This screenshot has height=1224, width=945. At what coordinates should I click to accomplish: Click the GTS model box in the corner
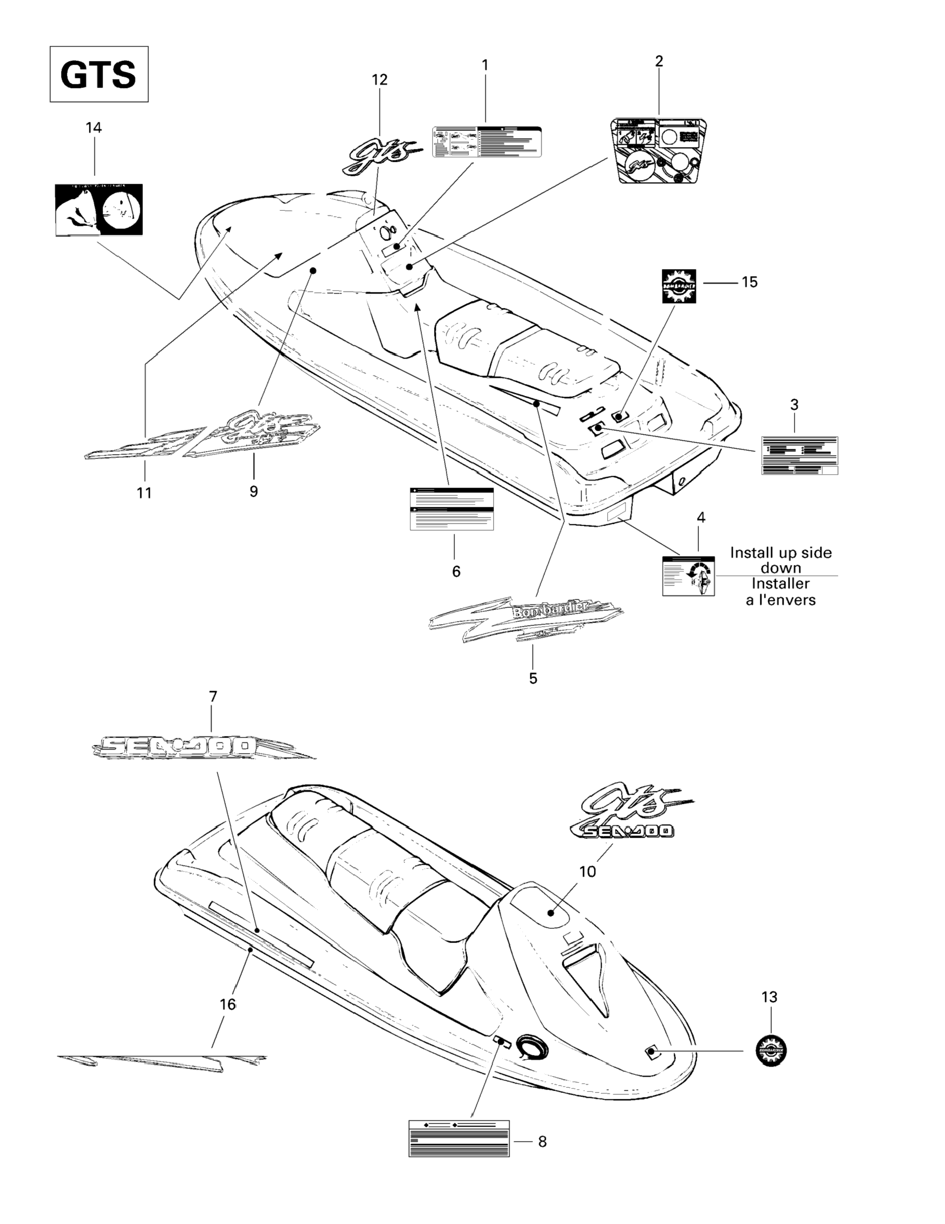click(99, 74)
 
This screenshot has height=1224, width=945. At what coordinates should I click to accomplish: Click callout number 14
click(93, 128)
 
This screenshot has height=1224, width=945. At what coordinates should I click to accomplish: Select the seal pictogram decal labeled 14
click(99, 209)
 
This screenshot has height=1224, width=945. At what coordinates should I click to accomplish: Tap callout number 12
click(379, 80)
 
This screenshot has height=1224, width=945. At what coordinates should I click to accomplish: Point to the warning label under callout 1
click(487, 142)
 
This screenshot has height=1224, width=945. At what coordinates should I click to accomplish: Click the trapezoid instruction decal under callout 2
click(658, 150)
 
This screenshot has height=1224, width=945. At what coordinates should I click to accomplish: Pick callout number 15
click(749, 282)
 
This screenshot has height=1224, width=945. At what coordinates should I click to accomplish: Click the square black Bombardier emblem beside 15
click(679, 286)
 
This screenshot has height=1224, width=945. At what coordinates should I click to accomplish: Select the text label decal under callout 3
click(799, 455)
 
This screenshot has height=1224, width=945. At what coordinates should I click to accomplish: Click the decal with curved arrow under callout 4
click(688, 576)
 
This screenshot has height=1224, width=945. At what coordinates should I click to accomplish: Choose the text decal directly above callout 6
click(452, 508)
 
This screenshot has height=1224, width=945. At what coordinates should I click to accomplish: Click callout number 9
click(253, 492)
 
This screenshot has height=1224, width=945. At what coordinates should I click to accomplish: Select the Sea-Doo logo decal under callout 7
click(202, 747)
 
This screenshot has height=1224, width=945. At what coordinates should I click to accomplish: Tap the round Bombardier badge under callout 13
click(771, 1049)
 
